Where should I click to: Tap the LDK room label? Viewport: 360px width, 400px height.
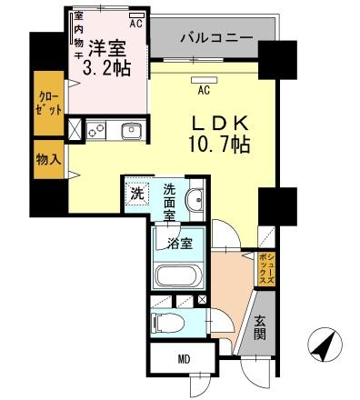pyautogui.click(x=218, y=122)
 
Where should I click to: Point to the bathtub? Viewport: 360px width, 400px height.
pyautogui.click(x=181, y=277)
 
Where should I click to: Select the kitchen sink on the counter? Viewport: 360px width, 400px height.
pyautogui.click(x=130, y=129)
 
